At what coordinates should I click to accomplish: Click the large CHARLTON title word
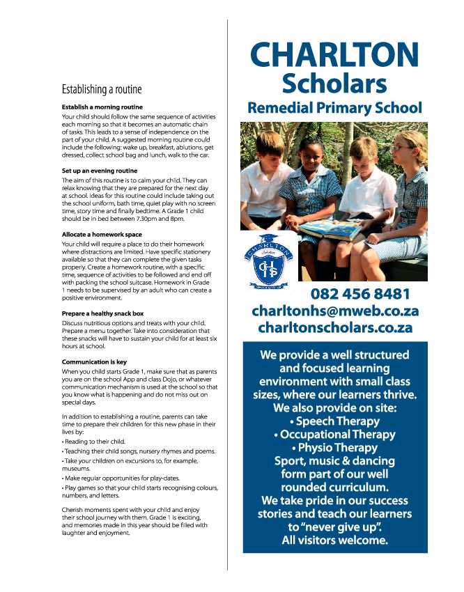[x=334, y=55]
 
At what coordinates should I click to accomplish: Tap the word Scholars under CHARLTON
[x=334, y=84]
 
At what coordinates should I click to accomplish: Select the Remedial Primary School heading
[x=334, y=108]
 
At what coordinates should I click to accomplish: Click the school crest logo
[x=269, y=260]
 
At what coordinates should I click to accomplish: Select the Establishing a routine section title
[x=101, y=89]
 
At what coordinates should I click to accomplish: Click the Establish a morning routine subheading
[x=102, y=107]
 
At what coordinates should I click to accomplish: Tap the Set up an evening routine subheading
[x=99, y=171]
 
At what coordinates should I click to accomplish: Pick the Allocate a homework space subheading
[x=102, y=235]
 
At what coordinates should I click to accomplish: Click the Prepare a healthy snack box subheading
[x=102, y=313]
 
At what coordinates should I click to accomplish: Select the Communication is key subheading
[x=94, y=362]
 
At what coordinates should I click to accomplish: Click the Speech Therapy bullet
[x=334, y=421]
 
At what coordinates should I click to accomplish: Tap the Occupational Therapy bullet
[x=334, y=435]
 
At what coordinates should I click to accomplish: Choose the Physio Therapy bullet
[x=334, y=448]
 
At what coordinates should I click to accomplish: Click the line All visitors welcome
[x=334, y=540]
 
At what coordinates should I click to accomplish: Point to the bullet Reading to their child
[x=93, y=442]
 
